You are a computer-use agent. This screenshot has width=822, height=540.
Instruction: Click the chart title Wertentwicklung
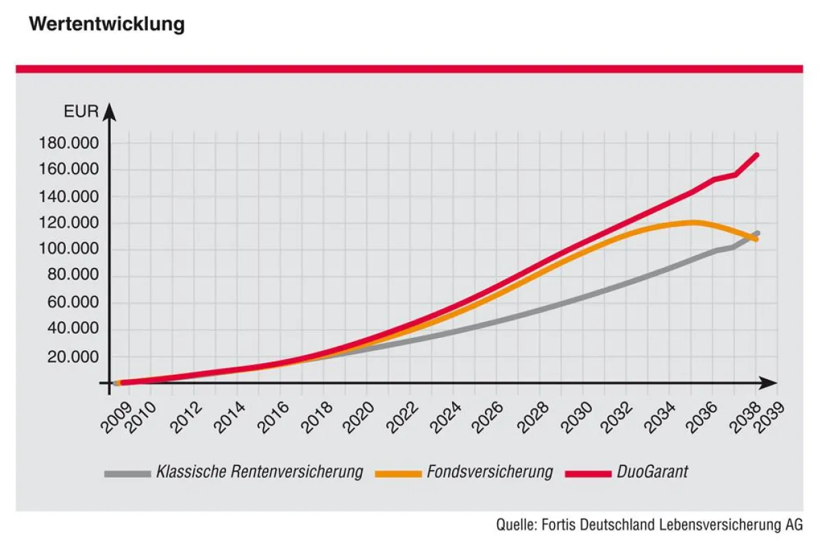pyautogui.click(x=107, y=24)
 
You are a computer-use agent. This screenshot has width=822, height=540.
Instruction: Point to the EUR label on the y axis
pyautogui.click(x=82, y=111)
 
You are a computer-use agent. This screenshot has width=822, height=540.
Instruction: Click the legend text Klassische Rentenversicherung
pyautogui.click(x=260, y=472)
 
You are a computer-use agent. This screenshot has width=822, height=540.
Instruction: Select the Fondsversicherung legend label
pyautogui.click(x=489, y=472)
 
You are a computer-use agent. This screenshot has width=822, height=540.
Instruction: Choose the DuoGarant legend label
pyautogui.click(x=652, y=472)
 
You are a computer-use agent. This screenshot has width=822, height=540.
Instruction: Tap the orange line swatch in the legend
pyautogui.click(x=399, y=473)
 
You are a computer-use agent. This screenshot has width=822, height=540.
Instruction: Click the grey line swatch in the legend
pyautogui.click(x=127, y=473)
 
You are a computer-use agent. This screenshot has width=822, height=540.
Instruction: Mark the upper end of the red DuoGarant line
pyautogui.click(x=757, y=155)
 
